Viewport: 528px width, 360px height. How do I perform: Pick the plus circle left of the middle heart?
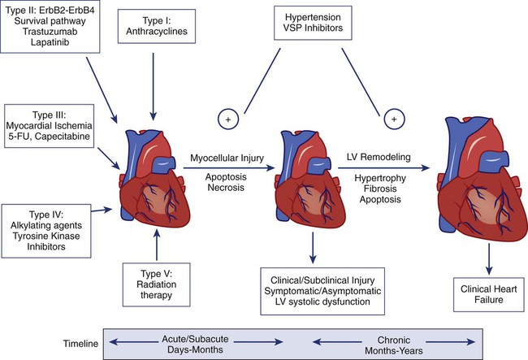pos(227,119)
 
